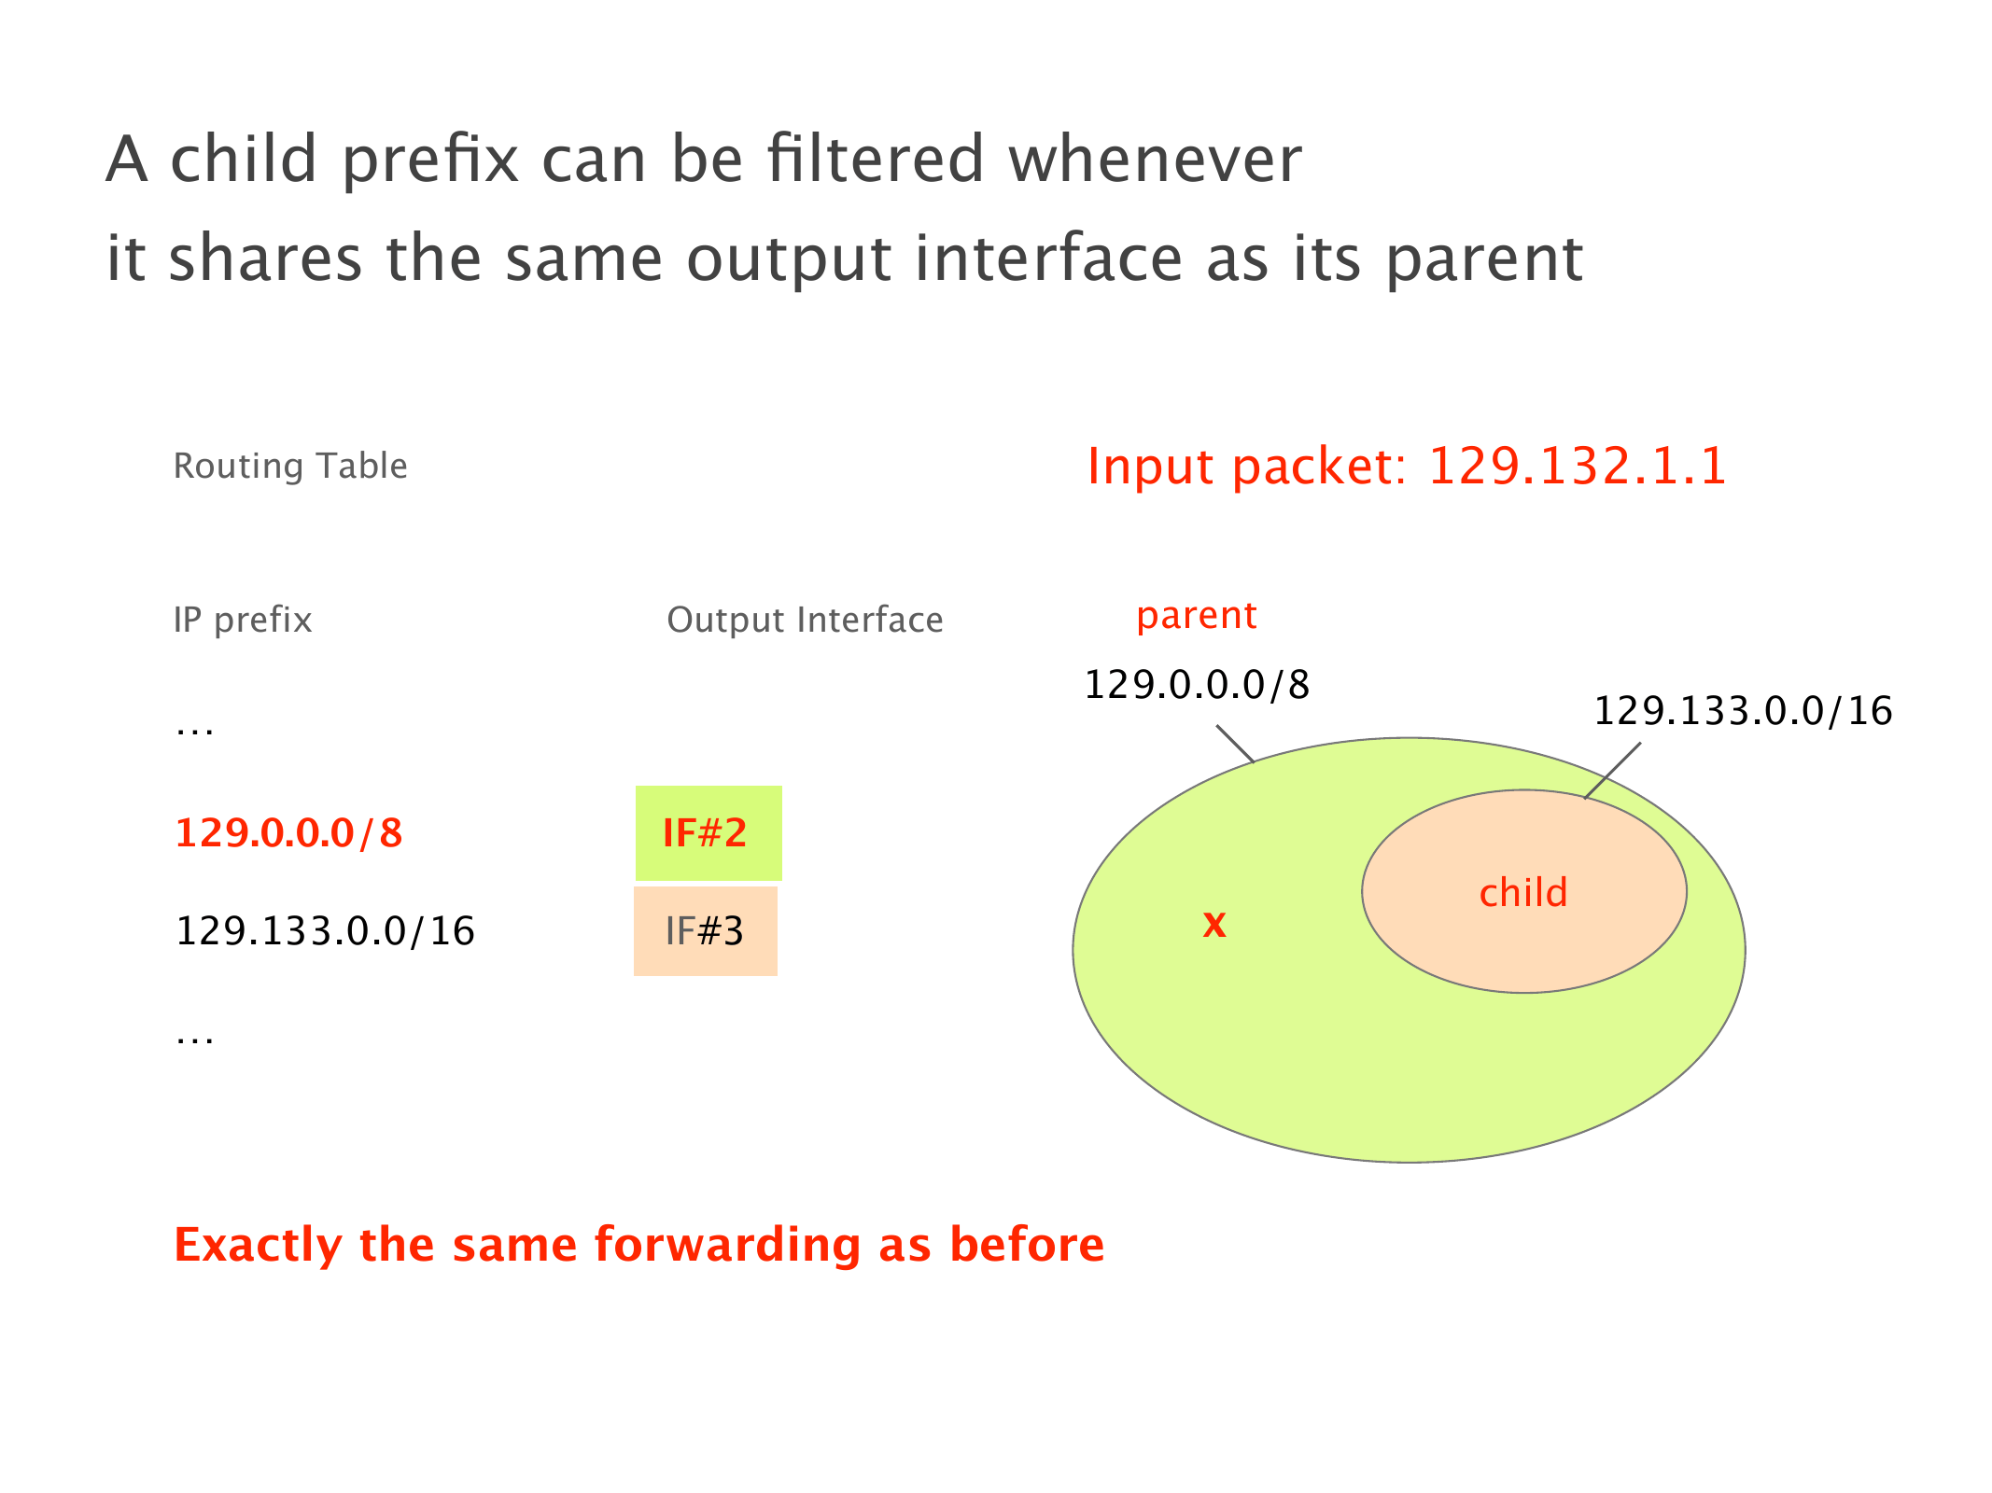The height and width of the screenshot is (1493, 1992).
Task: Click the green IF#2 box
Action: [708, 833]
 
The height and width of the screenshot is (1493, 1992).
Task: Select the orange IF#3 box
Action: [706, 931]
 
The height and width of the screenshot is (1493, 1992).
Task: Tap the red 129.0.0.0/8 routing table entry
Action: [289, 833]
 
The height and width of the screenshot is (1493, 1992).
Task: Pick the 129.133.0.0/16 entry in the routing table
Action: [326, 931]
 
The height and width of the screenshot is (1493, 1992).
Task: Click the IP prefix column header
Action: [243, 621]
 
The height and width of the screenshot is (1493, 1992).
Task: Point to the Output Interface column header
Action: [805, 621]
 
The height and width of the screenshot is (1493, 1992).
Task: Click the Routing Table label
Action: [290, 466]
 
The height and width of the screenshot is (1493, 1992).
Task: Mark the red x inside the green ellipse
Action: [1214, 925]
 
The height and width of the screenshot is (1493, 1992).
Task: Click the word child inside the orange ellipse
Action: [1523, 892]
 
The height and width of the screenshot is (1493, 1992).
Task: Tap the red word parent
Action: [1197, 617]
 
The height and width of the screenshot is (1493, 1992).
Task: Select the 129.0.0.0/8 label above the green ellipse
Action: [1197, 685]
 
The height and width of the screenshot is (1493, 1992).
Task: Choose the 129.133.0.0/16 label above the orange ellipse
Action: [1743, 711]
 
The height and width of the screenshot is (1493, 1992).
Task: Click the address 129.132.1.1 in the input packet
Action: [1578, 466]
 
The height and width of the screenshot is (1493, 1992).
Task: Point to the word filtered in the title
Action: [876, 159]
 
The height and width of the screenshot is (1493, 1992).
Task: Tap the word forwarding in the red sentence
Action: [727, 1245]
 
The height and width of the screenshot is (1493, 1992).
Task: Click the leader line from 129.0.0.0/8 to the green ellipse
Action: [1235, 744]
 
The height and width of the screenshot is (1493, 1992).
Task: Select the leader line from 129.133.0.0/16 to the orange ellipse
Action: [1612, 771]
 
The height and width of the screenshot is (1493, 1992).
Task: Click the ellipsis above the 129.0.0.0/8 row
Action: [195, 733]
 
